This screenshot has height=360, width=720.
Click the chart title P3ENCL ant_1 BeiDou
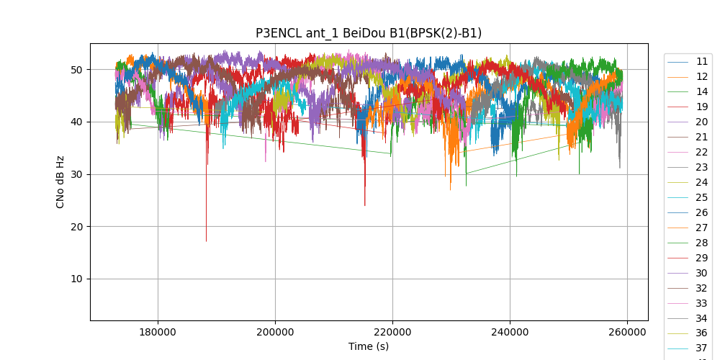click(369, 33)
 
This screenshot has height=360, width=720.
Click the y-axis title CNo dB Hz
click(60, 181)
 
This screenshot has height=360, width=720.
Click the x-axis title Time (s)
click(369, 346)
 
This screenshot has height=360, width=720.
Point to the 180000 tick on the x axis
click(158, 332)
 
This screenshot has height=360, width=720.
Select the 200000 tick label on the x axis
click(275, 332)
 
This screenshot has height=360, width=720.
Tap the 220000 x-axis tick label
click(392, 332)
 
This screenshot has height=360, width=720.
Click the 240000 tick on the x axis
click(510, 332)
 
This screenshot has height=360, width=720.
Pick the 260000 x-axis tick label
click(627, 332)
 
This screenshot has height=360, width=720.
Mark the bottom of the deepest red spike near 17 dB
click(206, 241)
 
